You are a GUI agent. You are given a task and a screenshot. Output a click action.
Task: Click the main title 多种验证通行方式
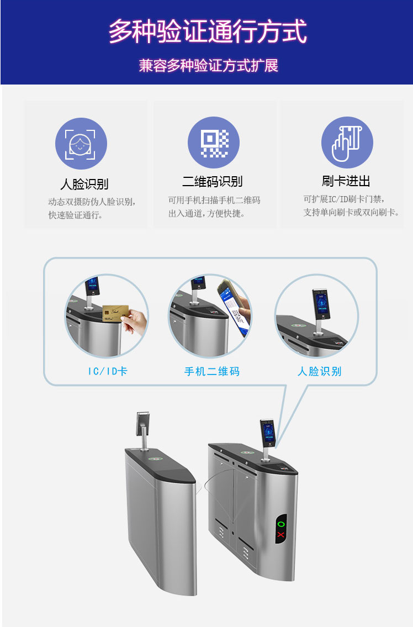coord(208,31)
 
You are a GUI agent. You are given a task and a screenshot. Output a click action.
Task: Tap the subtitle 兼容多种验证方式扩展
coord(208,66)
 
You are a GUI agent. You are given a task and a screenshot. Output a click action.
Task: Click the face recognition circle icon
coord(81,144)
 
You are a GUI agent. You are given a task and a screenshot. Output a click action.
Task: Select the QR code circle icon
coord(214,143)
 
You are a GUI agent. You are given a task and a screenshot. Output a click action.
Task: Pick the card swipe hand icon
coord(347,143)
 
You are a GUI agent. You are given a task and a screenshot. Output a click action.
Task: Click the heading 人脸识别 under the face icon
coord(84,184)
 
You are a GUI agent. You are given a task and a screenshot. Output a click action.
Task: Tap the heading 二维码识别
coord(212,182)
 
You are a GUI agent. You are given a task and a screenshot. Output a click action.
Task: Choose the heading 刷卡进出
coord(346,181)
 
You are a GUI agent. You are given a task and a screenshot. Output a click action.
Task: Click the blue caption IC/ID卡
coord(108,371)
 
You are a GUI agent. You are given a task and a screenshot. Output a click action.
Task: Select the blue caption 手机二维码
coord(212,371)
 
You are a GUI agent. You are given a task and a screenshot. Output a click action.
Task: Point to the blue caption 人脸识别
coord(320,371)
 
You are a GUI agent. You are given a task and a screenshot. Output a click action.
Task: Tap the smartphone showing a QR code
coord(234,307)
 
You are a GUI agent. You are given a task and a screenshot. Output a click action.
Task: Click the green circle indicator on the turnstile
coord(281,524)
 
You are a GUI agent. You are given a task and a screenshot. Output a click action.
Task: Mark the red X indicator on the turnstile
coord(280,535)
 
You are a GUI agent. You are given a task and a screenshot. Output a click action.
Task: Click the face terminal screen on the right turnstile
coord(268,434)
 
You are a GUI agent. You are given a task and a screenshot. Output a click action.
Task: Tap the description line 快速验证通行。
coord(76,215)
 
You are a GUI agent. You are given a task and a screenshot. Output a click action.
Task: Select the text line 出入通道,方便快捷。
coord(206,214)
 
